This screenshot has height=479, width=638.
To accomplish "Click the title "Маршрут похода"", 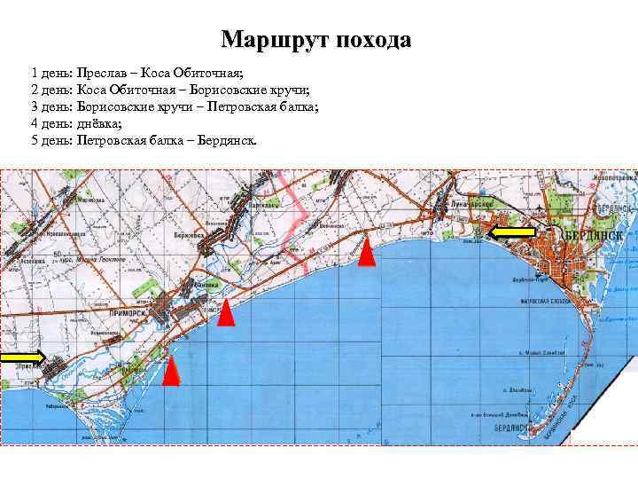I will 316,40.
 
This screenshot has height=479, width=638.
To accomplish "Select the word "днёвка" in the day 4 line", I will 98,123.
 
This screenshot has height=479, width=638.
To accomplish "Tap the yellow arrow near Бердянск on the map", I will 513,233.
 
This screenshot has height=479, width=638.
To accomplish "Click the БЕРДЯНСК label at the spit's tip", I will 509,428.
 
